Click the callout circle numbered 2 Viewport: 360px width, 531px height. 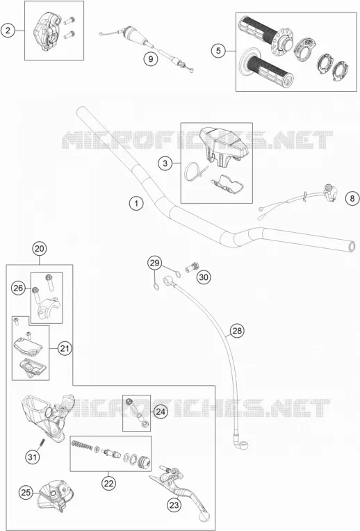pyautogui.click(x=8, y=31)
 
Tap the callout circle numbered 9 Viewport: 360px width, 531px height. pyautogui.click(x=150, y=59)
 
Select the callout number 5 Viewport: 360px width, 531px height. pyautogui.click(x=218, y=51)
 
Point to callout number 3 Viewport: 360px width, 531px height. pyautogui.click(x=165, y=163)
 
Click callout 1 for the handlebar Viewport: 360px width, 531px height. pyautogui.click(x=136, y=204)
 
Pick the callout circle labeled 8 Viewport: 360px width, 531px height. pyautogui.click(x=352, y=198)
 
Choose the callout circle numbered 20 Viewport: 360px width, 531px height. pyautogui.click(x=40, y=249)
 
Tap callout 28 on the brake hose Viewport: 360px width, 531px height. pyautogui.click(x=237, y=331)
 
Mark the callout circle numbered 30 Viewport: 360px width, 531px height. pyautogui.click(x=203, y=277)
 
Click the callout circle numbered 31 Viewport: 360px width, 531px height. pyautogui.click(x=32, y=457)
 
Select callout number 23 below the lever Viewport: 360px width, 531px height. pyautogui.click(x=174, y=505)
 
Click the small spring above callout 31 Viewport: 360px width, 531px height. pyautogui.click(x=42, y=443)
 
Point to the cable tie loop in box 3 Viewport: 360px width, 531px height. pyautogui.click(x=194, y=172)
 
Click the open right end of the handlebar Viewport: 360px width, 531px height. pyautogui.click(x=352, y=246)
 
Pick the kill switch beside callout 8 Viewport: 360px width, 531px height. pyautogui.click(x=329, y=192)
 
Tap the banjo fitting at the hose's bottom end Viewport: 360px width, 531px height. pyautogui.click(x=240, y=441)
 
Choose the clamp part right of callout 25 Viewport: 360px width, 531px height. pyautogui.click(x=55, y=496)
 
